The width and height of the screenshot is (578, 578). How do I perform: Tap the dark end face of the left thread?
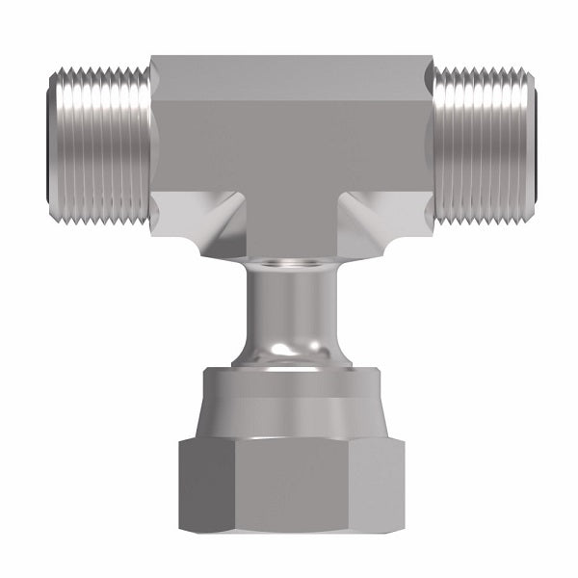coord(48,144)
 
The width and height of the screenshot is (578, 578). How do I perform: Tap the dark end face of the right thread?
coord(532,144)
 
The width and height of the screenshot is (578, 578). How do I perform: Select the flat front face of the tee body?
coord(289,144)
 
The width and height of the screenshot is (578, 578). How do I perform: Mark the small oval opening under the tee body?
coord(289,263)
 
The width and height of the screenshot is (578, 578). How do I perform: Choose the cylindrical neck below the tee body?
coord(289,308)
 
